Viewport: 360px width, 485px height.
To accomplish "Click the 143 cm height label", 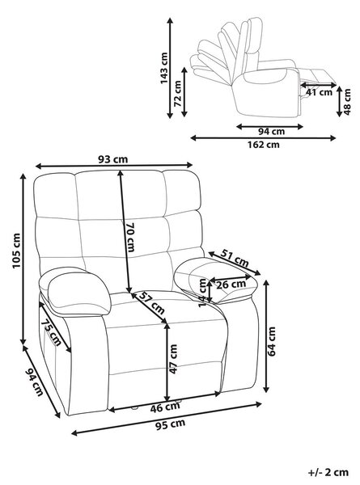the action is pyautogui.click(x=164, y=68).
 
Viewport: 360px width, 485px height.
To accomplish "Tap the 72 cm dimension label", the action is pyautogui.click(x=178, y=94).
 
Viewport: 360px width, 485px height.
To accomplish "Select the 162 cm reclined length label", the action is pyautogui.click(x=263, y=145).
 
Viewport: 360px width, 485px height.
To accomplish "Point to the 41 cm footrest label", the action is pyautogui.click(x=319, y=92).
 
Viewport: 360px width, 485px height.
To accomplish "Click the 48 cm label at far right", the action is pyautogui.click(x=347, y=102).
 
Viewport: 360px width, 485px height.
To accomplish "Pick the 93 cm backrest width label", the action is pyautogui.click(x=112, y=159).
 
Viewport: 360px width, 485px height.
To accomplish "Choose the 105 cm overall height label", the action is pyautogui.click(x=16, y=251).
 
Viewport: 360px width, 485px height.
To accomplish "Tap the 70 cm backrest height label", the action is pyautogui.click(x=130, y=237).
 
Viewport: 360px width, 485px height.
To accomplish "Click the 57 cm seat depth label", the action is pyautogui.click(x=151, y=303).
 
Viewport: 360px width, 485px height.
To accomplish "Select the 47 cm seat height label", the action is pyautogui.click(x=173, y=359).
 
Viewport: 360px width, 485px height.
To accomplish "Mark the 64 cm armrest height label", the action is pyautogui.click(x=272, y=341).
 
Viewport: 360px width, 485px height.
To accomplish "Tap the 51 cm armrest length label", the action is pyautogui.click(x=235, y=258).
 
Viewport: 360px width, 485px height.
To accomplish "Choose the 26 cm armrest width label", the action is pyautogui.click(x=231, y=285).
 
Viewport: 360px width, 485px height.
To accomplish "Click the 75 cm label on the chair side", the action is pyautogui.click(x=51, y=332).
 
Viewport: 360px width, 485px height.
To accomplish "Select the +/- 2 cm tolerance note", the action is pyautogui.click(x=328, y=472).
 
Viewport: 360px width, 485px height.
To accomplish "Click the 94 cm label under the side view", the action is pyautogui.click(x=272, y=132).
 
